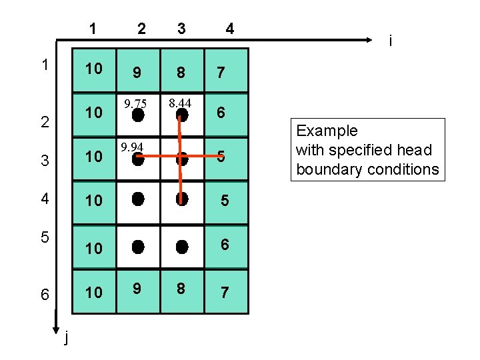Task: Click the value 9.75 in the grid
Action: point(135,103)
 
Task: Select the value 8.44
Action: point(180,103)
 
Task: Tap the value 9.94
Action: point(133,147)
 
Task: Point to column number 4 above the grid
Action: point(229,29)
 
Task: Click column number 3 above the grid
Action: point(181,29)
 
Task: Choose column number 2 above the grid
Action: point(141,29)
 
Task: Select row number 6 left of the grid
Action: point(45,294)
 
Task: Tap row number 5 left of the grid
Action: point(43,237)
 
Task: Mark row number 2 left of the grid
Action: point(44,122)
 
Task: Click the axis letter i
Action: point(390,41)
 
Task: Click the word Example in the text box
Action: point(327,131)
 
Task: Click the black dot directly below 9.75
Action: point(137,115)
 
